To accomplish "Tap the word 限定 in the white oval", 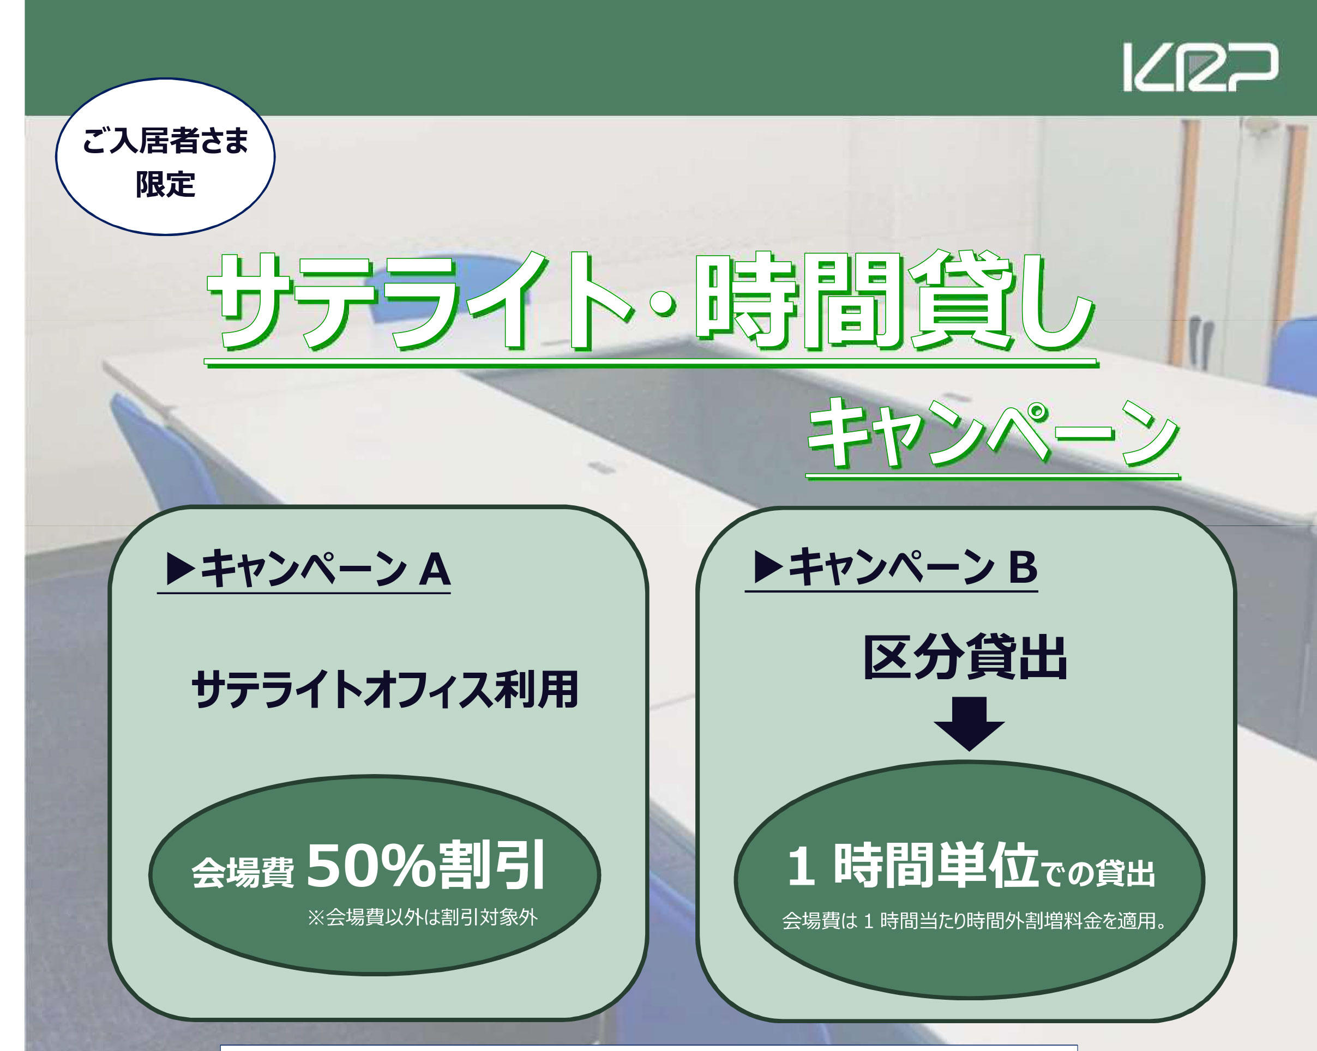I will [x=165, y=184].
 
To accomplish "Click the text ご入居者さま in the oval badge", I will [x=165, y=141].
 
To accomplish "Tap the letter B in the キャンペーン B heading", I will [x=1023, y=567].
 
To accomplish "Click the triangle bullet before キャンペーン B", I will [x=768, y=567].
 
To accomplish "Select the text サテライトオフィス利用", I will [x=385, y=690].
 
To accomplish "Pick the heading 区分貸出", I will [x=965, y=658].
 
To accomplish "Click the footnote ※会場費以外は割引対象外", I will [x=423, y=917].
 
